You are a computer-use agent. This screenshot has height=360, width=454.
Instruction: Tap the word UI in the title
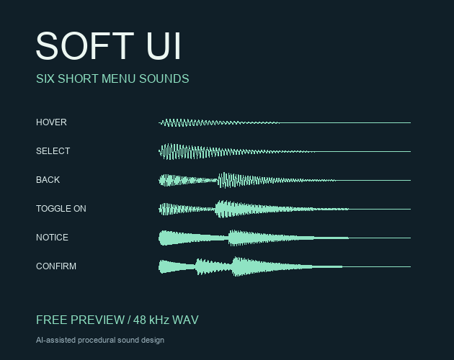coord(164,46)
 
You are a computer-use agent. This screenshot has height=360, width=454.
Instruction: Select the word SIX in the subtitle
coord(45,78)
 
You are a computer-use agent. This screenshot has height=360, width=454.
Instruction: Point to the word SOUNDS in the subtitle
coord(164,78)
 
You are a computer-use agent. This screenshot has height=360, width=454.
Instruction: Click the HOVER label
coord(51,122)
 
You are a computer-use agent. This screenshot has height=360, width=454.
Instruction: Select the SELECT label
coord(53,151)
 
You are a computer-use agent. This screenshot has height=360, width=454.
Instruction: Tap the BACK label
coord(48,180)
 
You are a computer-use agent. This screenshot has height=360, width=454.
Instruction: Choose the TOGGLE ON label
coord(61,209)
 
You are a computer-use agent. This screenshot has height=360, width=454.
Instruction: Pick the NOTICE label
coord(52,238)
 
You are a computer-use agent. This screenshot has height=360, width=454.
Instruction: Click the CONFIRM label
coord(56,266)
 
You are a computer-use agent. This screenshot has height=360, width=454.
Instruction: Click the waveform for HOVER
coord(285,122)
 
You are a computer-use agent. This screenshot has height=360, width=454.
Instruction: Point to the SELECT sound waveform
coord(285,151)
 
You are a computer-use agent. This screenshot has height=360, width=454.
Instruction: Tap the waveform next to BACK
coord(285,180)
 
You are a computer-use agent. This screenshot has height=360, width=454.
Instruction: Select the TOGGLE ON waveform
coord(285,209)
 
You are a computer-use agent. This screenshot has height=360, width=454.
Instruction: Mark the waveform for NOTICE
coord(285,238)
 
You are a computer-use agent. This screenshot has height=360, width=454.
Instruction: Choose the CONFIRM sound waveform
coord(285,266)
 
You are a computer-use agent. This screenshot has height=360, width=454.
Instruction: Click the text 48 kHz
coord(151,320)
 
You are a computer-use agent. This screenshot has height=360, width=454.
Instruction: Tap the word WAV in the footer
coord(185,320)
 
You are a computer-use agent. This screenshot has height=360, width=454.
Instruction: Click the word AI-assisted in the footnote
coord(55,340)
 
